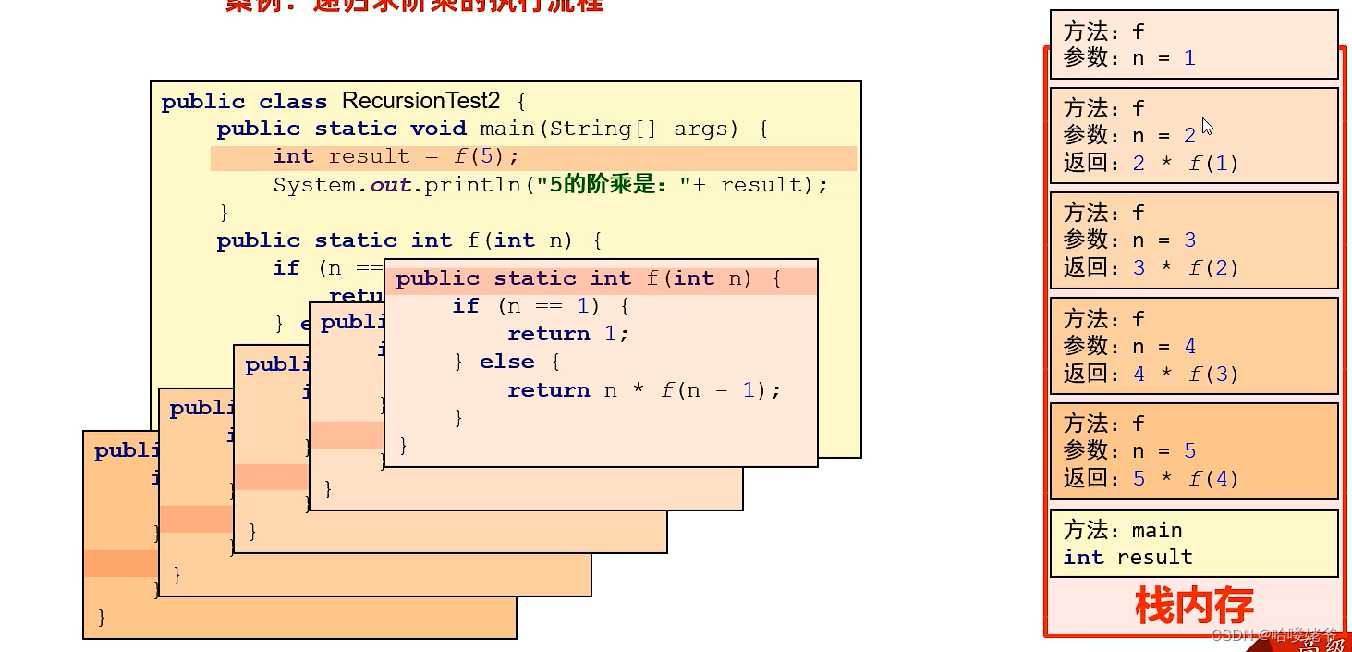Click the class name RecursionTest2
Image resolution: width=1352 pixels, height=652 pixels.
point(420,101)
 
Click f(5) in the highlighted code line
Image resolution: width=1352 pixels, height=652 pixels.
point(486,156)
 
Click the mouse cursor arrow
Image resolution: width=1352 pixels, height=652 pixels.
point(1207,127)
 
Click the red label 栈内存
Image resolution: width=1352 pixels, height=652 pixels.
point(1193,607)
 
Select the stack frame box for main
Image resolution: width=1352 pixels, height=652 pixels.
point(1194,544)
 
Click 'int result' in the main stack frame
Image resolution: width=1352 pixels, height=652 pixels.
point(1127,558)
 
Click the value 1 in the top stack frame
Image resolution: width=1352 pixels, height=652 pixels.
point(1189,58)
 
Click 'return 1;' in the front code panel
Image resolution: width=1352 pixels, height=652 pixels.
point(567,334)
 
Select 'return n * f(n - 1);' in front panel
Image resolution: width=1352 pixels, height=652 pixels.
point(643,390)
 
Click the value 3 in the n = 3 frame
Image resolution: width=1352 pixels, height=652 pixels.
point(1189,240)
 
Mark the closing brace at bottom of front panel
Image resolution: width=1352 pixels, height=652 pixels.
point(403,446)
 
